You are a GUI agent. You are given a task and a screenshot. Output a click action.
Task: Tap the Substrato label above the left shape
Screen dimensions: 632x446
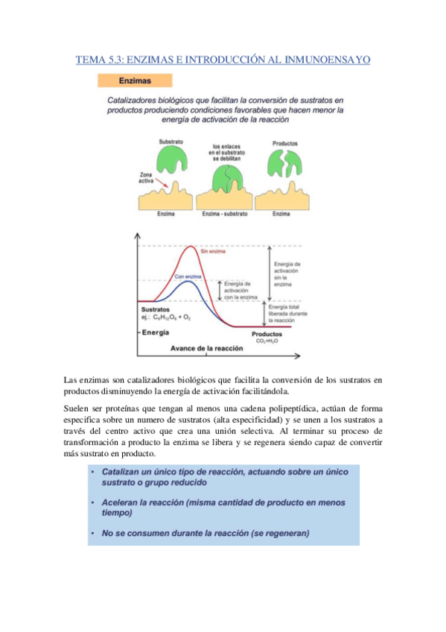[x=171, y=142]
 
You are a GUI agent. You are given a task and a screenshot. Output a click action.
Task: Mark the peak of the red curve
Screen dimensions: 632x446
[x=194, y=247]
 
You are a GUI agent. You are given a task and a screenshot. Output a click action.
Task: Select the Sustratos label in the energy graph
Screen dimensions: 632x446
[x=156, y=309]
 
